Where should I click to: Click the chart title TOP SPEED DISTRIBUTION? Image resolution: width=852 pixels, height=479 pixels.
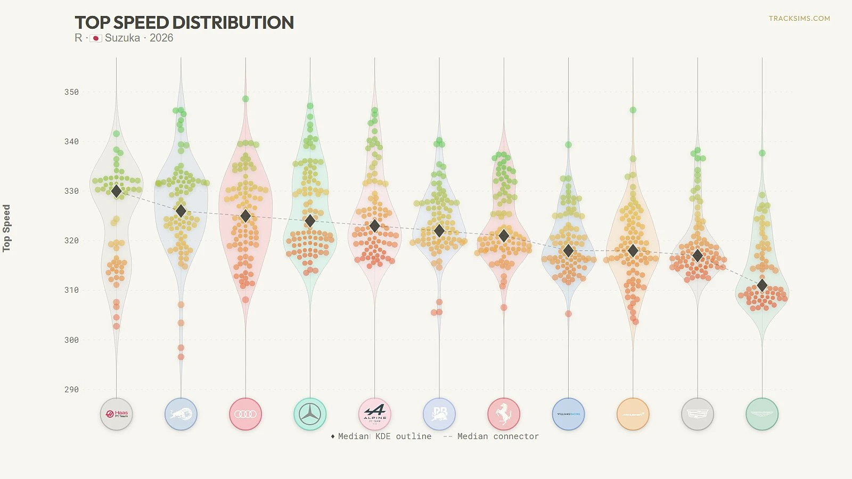coord(184,22)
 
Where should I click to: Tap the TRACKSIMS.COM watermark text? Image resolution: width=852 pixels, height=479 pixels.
coord(799,18)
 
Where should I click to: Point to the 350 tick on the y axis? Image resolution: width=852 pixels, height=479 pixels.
coord(71,92)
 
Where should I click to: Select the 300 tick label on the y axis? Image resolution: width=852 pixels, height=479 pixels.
coord(71,340)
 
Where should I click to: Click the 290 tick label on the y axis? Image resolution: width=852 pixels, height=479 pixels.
coord(71,390)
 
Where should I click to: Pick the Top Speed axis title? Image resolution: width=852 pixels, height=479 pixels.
coord(6,228)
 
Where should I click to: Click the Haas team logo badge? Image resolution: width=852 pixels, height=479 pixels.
coord(117,414)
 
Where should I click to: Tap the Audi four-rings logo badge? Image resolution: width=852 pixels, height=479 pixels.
coord(245,414)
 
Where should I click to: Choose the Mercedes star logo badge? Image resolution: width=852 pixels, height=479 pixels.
coord(310,414)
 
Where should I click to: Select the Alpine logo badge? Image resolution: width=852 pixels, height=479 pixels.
coord(375,414)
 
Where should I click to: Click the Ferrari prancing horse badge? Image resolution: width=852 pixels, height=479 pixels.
coord(504,414)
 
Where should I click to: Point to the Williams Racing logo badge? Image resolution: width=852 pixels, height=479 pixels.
coord(569,414)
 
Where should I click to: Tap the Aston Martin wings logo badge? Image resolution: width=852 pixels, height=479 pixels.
coord(762,414)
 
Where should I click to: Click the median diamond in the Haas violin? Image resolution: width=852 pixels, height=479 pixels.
coord(117,191)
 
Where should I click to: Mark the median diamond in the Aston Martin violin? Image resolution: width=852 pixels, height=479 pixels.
coord(762,285)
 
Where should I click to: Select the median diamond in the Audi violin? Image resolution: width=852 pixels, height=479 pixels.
coord(245,216)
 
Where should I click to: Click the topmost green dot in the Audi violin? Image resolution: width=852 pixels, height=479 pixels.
coord(245,99)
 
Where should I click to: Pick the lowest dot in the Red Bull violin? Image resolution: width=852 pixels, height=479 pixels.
coord(181,357)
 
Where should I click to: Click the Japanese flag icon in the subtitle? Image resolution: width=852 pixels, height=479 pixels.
coord(96,38)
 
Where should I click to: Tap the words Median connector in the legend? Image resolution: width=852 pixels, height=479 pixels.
coord(498,436)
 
